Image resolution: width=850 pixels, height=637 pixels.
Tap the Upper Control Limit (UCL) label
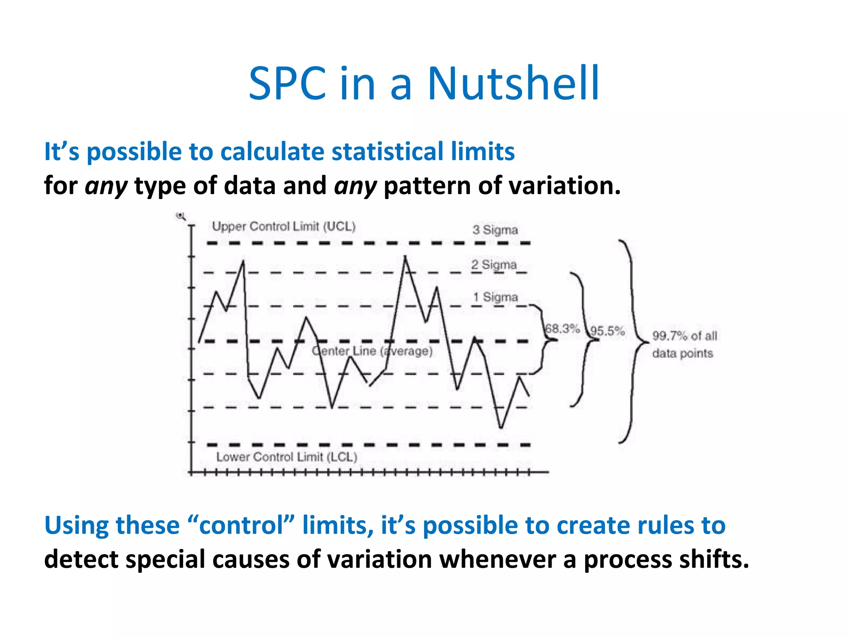pos(284,226)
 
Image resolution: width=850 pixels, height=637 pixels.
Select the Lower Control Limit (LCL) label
pos(287,457)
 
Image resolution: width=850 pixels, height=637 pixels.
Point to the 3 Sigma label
pos(495,230)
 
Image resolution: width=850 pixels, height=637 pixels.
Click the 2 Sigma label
pos(494,265)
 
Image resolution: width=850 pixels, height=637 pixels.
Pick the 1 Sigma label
pos(496,297)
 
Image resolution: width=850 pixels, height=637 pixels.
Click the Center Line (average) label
pos(372,351)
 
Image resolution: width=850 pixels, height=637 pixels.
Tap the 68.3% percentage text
pos(562,329)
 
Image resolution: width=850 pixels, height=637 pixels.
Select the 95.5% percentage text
pos(608,331)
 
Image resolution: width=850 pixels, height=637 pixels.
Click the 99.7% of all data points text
pos(684,344)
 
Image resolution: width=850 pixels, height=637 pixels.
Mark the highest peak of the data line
pos(405,258)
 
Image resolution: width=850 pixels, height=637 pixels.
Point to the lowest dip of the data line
pos(501,427)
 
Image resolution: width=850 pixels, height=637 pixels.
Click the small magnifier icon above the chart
pos(181,216)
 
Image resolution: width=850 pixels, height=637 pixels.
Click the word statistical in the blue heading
pos(382,151)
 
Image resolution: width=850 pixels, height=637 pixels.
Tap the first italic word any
pos(106,186)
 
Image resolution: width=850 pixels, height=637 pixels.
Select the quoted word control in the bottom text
pos(241,526)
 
